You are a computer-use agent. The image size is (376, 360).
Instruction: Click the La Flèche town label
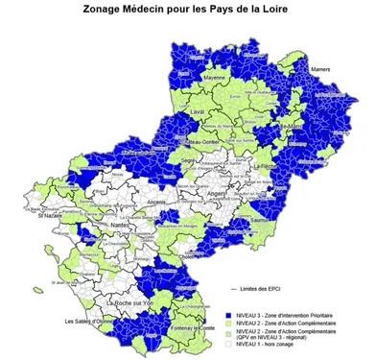click(280, 165)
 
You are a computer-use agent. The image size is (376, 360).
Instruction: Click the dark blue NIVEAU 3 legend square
click(228, 315)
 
